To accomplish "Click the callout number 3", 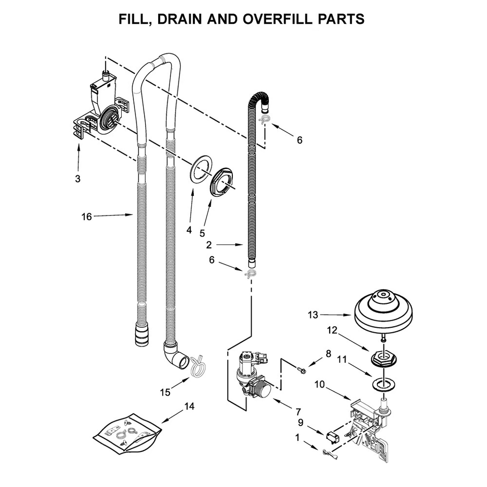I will tap(78, 179).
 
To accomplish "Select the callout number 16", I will tap(87, 217).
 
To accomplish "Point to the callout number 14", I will tap(189, 406).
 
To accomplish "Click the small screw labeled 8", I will tap(303, 371).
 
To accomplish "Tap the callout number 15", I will tap(164, 392).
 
